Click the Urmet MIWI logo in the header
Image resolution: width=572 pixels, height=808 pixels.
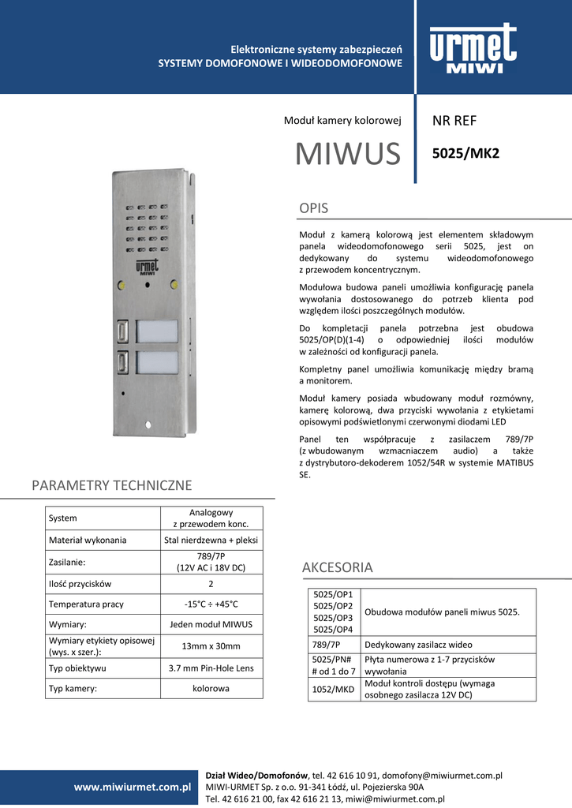(x=473, y=49)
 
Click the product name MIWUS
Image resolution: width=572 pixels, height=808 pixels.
(x=348, y=154)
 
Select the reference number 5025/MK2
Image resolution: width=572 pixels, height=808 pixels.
(x=466, y=153)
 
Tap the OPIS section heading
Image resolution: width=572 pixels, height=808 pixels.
(x=313, y=208)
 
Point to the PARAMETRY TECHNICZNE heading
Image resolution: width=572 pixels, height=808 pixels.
(x=111, y=485)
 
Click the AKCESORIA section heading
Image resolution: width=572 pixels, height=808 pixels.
(x=337, y=567)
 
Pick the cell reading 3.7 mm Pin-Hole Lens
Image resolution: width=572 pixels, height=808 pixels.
(x=211, y=668)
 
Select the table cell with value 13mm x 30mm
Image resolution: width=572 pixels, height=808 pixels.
(x=211, y=645)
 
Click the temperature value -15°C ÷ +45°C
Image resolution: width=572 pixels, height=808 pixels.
(x=211, y=604)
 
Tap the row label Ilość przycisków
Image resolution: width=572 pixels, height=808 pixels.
(x=80, y=584)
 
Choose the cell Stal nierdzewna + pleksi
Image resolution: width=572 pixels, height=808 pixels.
(x=211, y=541)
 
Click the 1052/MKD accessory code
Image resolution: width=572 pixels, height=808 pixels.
(x=332, y=690)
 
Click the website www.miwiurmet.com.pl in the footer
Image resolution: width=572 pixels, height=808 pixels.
(x=133, y=787)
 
